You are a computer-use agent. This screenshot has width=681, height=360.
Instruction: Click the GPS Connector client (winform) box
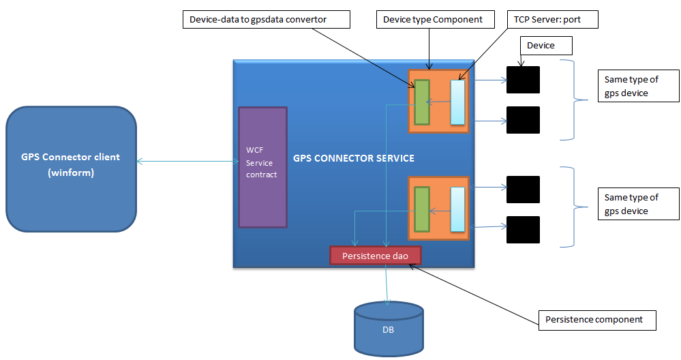(71, 169)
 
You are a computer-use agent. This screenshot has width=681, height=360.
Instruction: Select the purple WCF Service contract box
(262, 167)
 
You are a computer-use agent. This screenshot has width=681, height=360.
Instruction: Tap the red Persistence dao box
(376, 256)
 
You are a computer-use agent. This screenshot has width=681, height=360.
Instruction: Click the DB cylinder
(389, 329)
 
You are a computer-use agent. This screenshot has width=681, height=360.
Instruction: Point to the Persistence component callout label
(597, 319)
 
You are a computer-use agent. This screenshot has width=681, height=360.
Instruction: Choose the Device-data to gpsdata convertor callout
(267, 20)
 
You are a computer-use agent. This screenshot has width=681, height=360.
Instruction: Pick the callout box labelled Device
(545, 46)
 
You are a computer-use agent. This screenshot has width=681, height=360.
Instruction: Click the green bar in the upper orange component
(422, 102)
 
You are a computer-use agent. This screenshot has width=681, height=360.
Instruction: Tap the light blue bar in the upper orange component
(457, 102)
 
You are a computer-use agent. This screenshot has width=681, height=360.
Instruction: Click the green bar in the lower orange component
(422, 209)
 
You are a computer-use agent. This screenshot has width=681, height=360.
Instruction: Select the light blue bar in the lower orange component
(457, 209)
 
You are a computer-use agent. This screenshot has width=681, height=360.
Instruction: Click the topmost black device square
(523, 80)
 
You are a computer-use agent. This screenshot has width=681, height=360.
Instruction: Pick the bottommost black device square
(523, 230)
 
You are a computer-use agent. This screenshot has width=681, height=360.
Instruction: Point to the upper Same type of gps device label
(637, 87)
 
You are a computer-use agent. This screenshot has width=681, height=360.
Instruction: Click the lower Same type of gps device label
(637, 204)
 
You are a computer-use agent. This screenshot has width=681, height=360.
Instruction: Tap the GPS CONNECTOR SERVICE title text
(354, 158)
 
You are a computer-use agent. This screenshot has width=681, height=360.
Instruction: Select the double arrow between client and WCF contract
(187, 162)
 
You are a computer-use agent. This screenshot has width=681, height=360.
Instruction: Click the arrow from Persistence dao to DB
(387, 283)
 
